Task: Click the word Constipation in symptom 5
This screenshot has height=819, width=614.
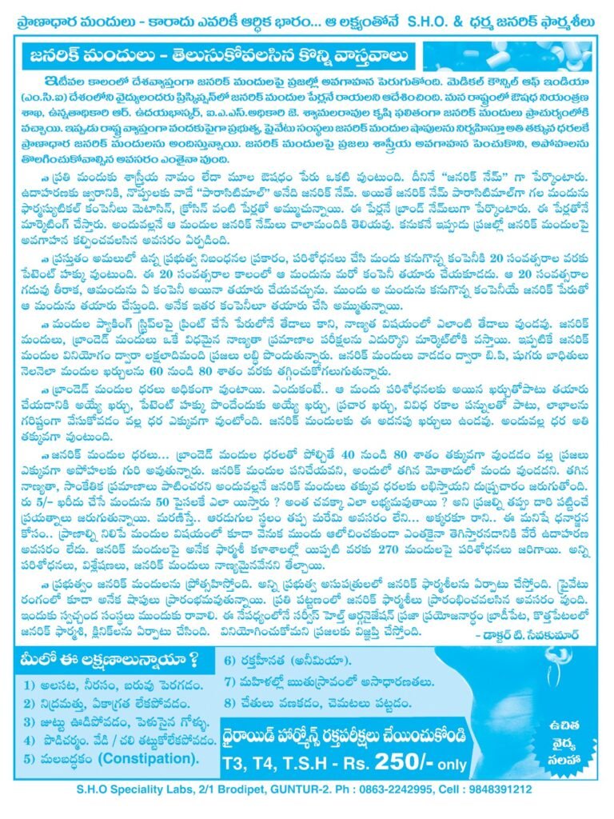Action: point(150,757)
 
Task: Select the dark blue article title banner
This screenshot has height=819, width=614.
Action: point(217,58)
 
